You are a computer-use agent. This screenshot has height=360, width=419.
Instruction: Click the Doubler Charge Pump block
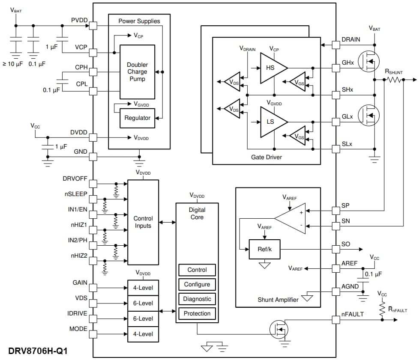(x=137, y=72)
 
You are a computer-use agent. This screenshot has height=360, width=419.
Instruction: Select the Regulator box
(x=137, y=118)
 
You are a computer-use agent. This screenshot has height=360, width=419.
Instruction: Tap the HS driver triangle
(x=271, y=68)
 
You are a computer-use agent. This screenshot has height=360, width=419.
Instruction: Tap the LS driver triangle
(x=271, y=122)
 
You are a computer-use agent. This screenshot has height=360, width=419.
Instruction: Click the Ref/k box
(x=264, y=249)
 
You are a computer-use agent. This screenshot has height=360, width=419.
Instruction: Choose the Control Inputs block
(x=143, y=222)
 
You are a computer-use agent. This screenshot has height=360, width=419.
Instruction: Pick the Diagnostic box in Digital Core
(x=197, y=299)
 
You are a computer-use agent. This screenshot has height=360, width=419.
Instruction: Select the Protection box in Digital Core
(x=197, y=313)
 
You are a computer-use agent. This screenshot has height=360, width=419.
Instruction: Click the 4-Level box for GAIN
(x=143, y=288)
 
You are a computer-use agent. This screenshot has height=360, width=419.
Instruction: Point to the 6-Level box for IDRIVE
(x=143, y=318)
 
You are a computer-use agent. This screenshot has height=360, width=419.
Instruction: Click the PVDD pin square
(x=93, y=26)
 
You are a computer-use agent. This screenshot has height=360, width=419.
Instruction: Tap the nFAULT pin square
(x=336, y=319)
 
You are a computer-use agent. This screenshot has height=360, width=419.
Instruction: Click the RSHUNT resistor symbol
(x=395, y=80)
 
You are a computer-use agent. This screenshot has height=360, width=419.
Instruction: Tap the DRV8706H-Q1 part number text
(x=38, y=351)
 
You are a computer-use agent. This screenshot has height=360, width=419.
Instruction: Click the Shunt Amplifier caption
(x=278, y=300)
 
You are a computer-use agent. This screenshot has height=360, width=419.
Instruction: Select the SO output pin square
(x=336, y=249)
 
